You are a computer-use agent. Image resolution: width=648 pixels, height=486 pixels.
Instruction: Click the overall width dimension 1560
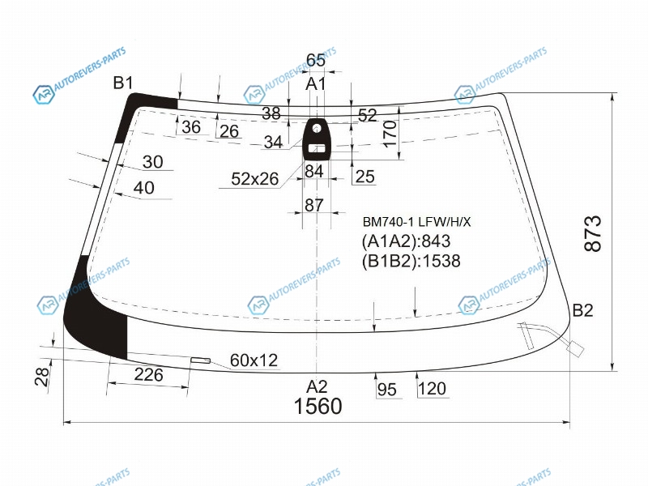pyautogui.click(x=318, y=406)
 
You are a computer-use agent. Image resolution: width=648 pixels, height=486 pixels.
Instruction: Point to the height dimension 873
pyautogui.click(x=593, y=233)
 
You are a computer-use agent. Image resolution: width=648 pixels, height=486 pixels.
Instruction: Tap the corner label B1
pyautogui.click(x=123, y=83)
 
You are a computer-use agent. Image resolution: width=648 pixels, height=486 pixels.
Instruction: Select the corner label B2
pyautogui.click(x=582, y=310)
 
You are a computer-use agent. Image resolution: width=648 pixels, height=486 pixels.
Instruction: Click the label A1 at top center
pyautogui.click(x=316, y=84)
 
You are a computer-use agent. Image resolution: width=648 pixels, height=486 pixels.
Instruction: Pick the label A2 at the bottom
pyautogui.click(x=317, y=387)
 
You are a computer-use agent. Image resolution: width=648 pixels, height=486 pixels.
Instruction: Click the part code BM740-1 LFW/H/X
pyautogui.click(x=416, y=222)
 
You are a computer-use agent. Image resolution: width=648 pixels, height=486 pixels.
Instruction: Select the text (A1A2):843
pyautogui.click(x=406, y=241)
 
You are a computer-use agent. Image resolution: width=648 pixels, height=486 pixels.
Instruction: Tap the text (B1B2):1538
pyautogui.click(x=411, y=261)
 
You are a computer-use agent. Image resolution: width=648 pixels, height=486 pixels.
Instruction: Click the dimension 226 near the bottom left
pyautogui.click(x=148, y=375)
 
